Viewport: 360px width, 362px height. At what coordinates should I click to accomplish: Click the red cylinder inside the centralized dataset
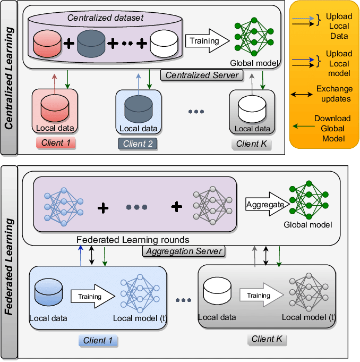49,45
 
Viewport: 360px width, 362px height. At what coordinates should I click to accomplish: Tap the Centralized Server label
202,75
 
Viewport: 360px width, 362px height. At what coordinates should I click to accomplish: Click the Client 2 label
138,144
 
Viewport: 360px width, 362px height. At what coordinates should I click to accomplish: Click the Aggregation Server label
184,251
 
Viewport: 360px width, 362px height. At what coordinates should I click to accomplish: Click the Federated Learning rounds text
133,240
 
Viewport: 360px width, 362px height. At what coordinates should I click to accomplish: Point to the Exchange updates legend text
333,94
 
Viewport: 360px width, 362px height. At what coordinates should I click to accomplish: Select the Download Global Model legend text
332,129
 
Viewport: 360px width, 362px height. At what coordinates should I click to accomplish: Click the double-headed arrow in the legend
301,95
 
